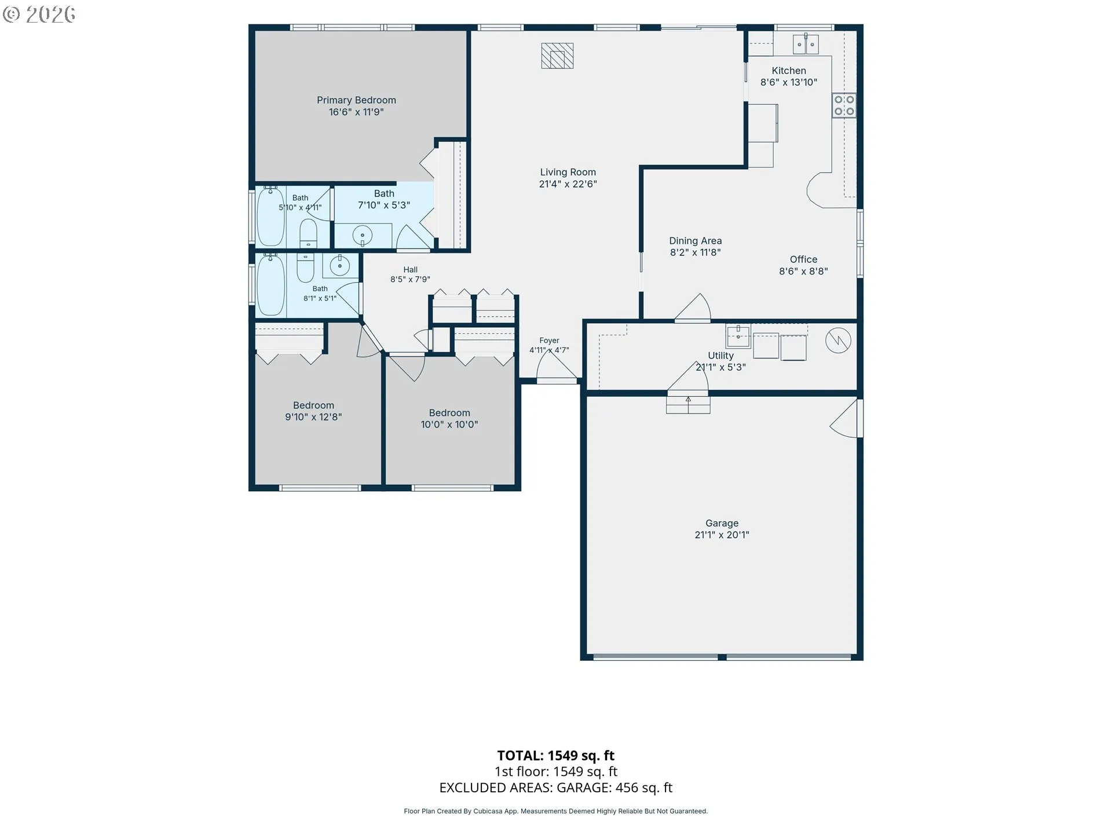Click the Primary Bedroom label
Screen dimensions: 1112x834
click(356, 100)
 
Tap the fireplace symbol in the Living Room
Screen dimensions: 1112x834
click(557, 56)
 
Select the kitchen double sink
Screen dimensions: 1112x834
click(806, 44)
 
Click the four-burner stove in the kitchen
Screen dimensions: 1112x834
click(844, 105)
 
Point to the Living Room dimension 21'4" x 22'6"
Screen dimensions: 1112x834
click(568, 184)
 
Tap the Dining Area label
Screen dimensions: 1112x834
click(696, 241)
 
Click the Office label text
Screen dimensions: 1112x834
click(803, 259)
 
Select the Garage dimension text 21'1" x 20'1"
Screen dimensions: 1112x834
click(722, 535)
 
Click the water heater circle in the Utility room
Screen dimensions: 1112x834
click(838, 341)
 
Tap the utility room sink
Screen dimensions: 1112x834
click(738, 336)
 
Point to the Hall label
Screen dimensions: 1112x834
click(410, 269)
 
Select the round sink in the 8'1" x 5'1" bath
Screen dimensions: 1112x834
click(339, 266)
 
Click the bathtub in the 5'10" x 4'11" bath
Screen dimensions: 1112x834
click(270, 217)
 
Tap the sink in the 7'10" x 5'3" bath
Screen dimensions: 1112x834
click(363, 235)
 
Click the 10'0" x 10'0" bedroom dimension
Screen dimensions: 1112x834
click(449, 425)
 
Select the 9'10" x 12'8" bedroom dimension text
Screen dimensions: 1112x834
click(313, 417)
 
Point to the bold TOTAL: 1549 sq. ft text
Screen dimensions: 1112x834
click(556, 755)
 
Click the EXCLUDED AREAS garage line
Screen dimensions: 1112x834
click(556, 788)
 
